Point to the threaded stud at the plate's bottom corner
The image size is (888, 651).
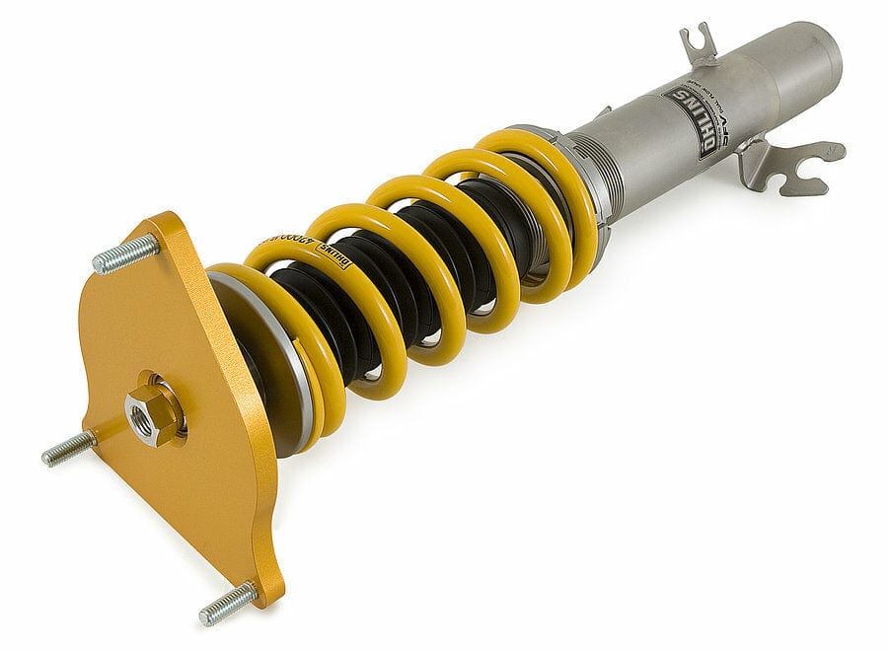(x=227, y=603)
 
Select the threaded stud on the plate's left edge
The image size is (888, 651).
(x=67, y=450)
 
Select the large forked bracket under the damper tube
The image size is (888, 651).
(x=789, y=162)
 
